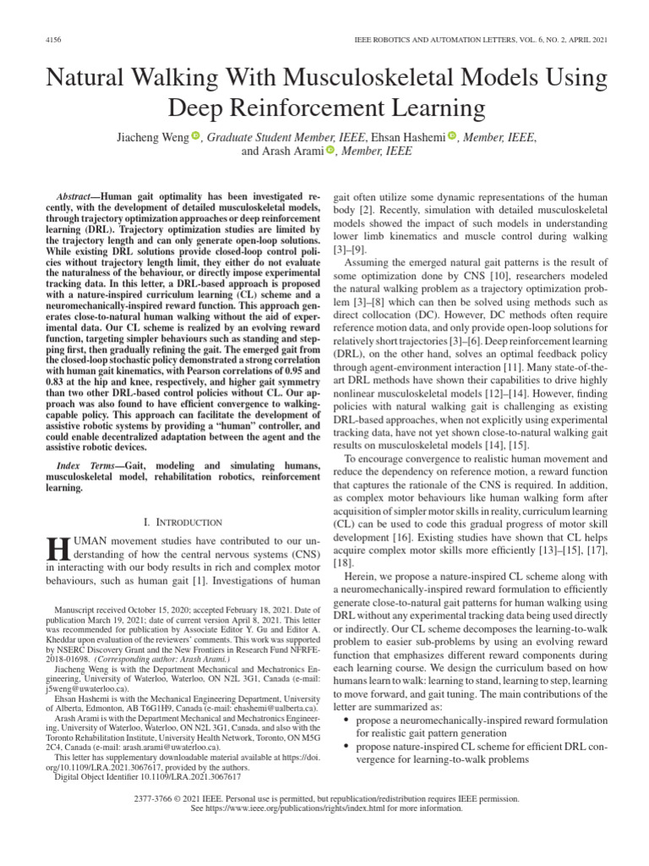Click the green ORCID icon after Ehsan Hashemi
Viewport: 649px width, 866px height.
point(450,136)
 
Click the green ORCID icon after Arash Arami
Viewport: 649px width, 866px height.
point(330,151)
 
